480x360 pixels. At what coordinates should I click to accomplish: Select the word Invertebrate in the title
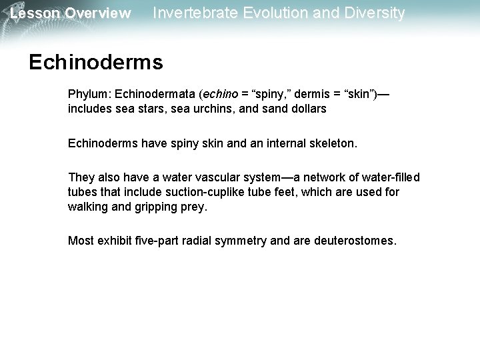pos(193,13)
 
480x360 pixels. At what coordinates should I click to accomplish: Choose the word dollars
pos(307,108)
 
